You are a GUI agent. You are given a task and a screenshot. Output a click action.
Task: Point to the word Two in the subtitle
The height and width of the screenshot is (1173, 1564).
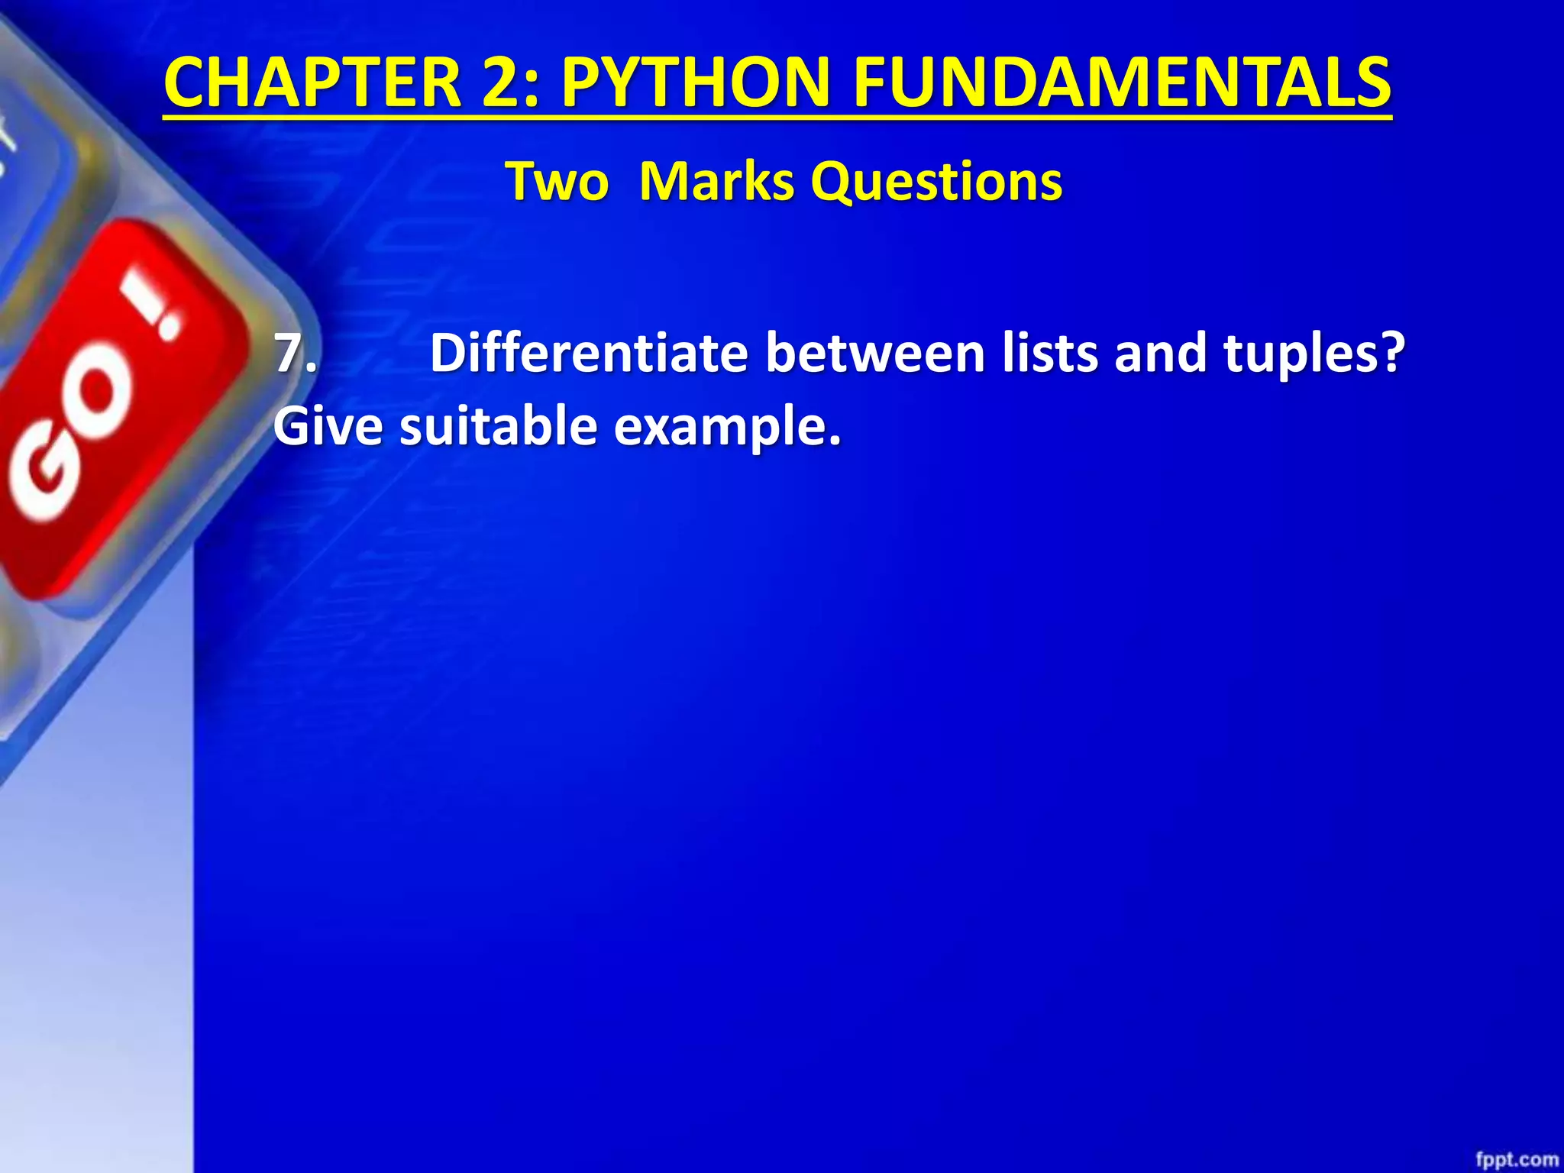point(557,183)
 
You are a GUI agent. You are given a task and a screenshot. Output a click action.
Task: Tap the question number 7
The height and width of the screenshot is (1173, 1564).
point(294,353)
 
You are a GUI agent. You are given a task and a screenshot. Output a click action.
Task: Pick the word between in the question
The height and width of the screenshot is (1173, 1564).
point(875,353)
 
